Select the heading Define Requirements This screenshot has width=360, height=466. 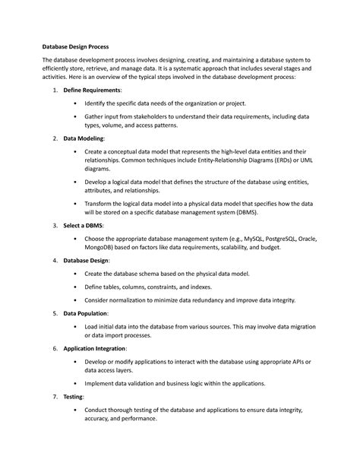pyautogui.click(x=93, y=90)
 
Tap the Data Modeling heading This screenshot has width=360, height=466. pyautogui.click(x=84, y=140)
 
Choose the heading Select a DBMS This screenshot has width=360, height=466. pyautogui.click(x=84, y=226)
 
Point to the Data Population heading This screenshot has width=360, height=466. pyautogui.click(x=85, y=312)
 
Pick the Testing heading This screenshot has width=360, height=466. pyautogui.click(x=73, y=397)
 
